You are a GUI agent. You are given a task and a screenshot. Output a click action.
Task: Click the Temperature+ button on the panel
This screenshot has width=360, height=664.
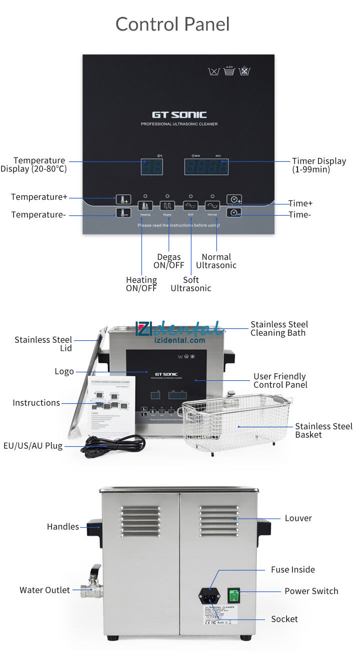pos(123,199)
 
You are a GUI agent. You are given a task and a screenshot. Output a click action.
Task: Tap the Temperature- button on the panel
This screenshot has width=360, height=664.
pos(123,213)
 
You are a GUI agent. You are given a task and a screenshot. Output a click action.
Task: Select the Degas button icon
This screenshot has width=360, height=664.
pos(167,205)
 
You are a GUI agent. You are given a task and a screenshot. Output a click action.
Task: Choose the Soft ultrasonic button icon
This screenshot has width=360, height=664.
pos(190,205)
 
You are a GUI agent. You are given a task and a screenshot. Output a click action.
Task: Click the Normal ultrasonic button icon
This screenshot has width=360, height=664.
pos(212,205)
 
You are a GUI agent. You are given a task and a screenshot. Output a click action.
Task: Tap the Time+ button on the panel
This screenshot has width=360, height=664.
pos(234,199)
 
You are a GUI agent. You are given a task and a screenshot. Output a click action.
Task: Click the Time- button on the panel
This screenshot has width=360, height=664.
pos(234,213)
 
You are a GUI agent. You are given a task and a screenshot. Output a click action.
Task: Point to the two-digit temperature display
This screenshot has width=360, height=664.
pos(151,167)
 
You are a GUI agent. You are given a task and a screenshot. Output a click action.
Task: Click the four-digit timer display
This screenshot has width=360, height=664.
pos(206,167)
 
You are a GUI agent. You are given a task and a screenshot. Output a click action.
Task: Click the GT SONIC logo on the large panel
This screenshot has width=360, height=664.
pos(179,115)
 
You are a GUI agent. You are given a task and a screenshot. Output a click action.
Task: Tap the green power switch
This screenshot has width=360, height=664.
pos(233,596)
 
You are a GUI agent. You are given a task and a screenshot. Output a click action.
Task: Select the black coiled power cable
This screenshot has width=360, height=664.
pos(112,444)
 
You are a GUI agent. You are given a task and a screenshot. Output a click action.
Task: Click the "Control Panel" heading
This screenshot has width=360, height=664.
pos(172,24)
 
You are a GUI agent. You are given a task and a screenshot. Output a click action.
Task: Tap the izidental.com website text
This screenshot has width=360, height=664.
pos(182,340)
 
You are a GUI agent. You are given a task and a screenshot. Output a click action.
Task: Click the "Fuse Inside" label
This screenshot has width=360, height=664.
pos(293,570)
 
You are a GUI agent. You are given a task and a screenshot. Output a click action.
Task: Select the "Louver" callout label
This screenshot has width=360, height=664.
pos(298,518)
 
